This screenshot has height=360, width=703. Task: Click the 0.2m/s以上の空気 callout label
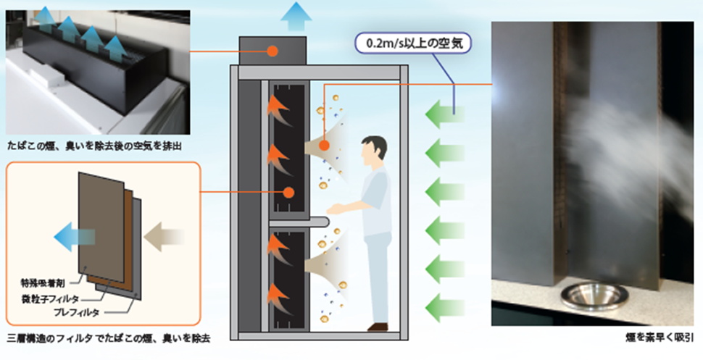pyautogui.click(x=413, y=43)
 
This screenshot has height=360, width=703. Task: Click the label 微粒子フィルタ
pyautogui.click(x=50, y=298)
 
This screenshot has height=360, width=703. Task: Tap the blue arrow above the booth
pyautogui.click(x=296, y=17)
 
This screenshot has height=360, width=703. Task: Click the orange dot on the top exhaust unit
pyautogui.click(x=272, y=51)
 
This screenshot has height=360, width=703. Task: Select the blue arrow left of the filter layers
pyautogui.click(x=74, y=236)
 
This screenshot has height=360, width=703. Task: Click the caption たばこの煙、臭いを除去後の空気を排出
pyautogui.click(x=94, y=146)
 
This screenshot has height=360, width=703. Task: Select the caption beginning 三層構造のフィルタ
pyautogui.click(x=109, y=337)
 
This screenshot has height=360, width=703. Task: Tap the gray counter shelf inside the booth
pyautogui.click(x=299, y=221)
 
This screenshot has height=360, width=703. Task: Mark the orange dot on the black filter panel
pyautogui.click(x=288, y=193)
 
